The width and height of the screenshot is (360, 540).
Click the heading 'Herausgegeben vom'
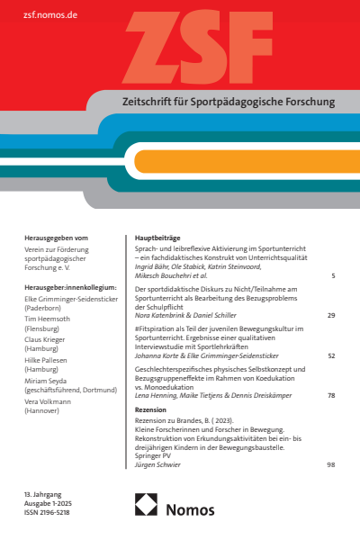coord(57,238)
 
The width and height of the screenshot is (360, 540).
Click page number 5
coord(333,274)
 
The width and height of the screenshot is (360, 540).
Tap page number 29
coord(331,316)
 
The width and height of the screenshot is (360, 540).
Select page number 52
coord(331,355)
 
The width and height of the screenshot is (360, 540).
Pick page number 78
coord(331,396)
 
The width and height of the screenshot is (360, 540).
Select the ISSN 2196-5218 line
coord(47,512)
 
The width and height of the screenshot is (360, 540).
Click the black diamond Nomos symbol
coord(147,508)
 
